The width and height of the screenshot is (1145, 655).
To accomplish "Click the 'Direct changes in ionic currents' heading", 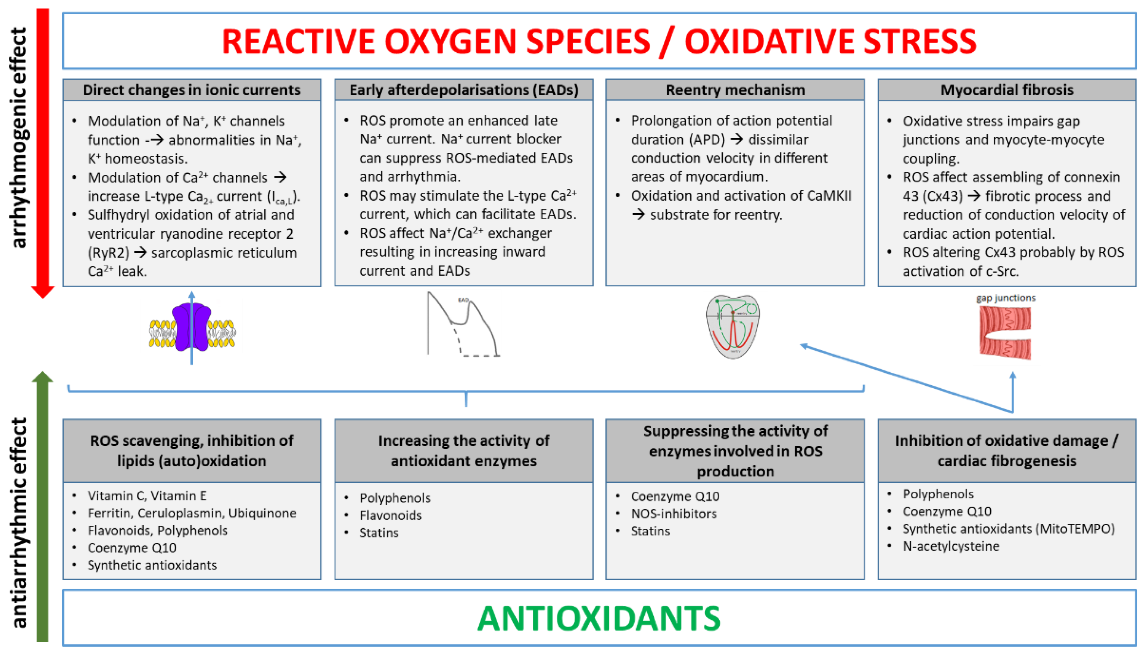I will coord(191,90).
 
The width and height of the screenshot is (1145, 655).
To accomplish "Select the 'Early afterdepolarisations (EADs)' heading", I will coord(464,90).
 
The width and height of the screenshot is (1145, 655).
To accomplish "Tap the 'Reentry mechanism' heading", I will coord(735,90).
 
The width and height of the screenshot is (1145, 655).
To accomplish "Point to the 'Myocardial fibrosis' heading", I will coord(1007,90).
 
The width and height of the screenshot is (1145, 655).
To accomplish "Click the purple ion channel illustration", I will coord(192,327).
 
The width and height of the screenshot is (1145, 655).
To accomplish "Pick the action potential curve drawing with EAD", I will coord(463,324).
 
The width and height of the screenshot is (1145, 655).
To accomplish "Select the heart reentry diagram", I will coord(733,326).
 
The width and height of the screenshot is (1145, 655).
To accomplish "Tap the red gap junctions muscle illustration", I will coord(1005,333).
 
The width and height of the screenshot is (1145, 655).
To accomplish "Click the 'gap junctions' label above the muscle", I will coord(1006,298).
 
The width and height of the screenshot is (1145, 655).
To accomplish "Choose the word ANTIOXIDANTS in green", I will coord(599,619).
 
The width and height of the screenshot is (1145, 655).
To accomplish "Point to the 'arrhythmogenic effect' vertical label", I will coord(19,137).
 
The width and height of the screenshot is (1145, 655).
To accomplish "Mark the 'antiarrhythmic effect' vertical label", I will coord(19,522).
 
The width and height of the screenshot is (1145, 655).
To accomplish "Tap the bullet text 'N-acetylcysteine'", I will coord(951,546).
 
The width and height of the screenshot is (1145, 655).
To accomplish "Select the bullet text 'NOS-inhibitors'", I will coord(674,514).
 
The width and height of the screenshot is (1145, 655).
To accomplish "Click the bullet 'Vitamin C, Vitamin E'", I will coord(147,496).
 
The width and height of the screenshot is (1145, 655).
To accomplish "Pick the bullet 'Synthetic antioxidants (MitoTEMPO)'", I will coord(1009,529).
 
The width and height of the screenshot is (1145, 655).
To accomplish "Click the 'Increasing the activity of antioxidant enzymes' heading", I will coord(464,451).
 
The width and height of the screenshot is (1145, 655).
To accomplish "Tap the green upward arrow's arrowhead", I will coord(43,377).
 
